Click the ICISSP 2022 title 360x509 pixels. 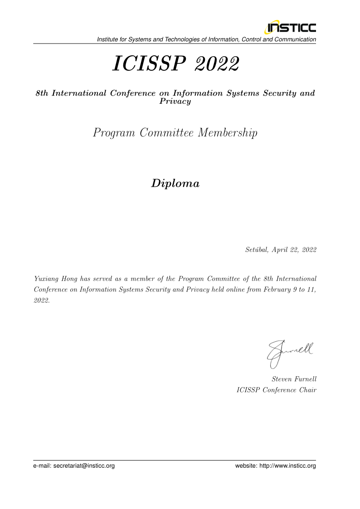click(175, 64)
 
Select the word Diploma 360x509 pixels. click(175, 184)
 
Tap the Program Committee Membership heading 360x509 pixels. click(175, 133)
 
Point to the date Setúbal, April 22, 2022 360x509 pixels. click(280, 250)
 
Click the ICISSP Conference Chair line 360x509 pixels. click(276, 390)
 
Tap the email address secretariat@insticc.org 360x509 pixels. click(84, 465)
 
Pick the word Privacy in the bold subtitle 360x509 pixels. click(175, 102)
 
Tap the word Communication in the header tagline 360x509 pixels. click(295, 39)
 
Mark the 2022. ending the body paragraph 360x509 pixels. click(42, 301)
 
